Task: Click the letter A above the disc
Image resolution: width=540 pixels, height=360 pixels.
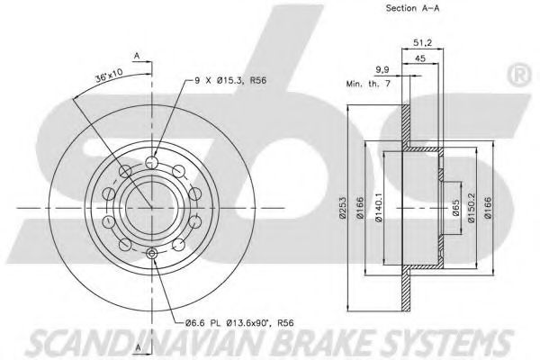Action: coord(137,56)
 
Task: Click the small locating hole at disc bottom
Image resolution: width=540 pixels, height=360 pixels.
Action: coord(150,256)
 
